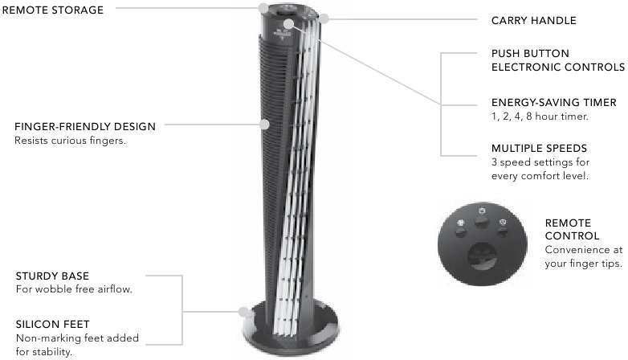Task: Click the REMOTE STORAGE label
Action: [53, 10]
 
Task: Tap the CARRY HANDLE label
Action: [533, 20]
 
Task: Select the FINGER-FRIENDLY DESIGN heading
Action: [85, 127]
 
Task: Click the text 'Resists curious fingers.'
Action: [70, 141]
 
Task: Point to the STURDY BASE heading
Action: [52, 276]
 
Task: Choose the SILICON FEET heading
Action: [52, 325]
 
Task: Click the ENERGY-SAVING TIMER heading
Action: [554, 103]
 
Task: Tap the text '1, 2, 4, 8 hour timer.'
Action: [540, 117]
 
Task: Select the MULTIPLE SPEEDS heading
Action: [539, 149]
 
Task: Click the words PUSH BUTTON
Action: [530, 54]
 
